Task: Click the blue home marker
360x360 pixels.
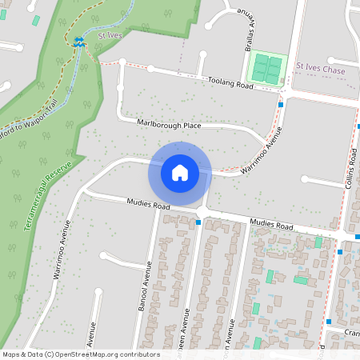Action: (180, 172)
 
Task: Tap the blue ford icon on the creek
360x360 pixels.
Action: (78, 42)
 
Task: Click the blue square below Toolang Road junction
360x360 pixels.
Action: (281, 103)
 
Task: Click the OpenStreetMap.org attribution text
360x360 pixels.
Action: (81, 354)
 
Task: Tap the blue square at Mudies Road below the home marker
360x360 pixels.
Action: (198, 222)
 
